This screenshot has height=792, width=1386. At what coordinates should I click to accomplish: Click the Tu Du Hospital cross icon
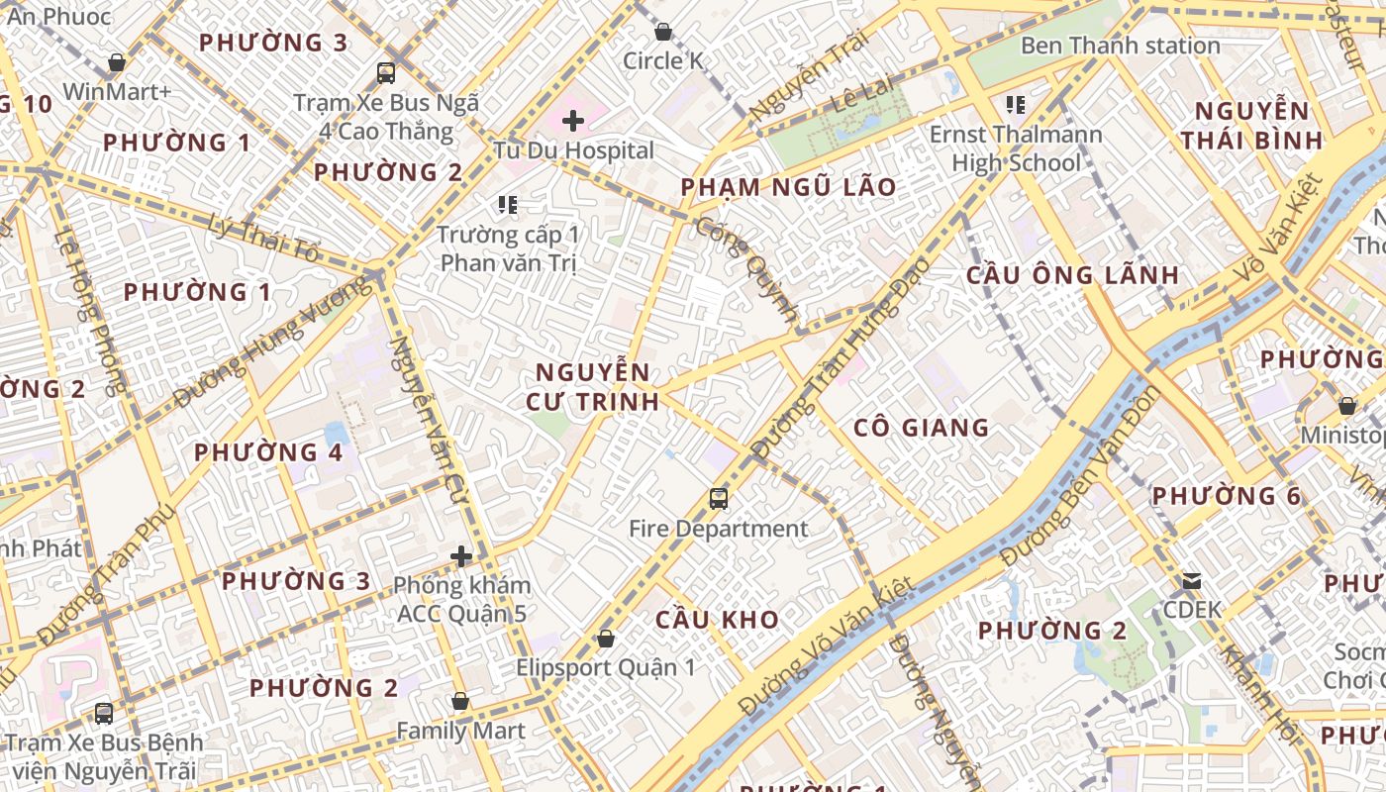[573, 122]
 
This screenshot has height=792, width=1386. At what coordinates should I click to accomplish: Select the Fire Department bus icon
[719, 499]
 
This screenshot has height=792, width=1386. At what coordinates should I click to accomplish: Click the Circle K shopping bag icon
[663, 32]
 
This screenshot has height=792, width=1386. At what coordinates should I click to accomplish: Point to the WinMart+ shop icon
[117, 62]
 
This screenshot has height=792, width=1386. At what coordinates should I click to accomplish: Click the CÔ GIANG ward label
[921, 428]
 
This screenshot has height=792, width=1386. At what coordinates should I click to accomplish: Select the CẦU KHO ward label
[717, 620]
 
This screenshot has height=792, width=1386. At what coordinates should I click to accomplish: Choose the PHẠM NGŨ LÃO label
[788, 187]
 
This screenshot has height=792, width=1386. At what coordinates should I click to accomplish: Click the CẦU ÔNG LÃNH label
[1072, 275]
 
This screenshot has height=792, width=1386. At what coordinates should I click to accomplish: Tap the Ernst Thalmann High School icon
[1015, 104]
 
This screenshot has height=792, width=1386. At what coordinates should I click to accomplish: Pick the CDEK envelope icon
[1192, 581]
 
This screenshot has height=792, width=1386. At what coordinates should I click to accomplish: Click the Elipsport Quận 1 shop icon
[605, 639]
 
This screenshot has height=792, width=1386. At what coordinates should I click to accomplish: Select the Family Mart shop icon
[459, 702]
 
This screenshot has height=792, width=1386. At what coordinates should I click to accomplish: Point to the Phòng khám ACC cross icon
[461, 556]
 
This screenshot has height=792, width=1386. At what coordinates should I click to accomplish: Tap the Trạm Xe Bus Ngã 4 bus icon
[386, 72]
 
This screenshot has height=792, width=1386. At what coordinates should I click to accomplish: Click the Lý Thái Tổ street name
[265, 239]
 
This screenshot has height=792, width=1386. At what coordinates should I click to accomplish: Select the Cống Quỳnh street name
[746, 268]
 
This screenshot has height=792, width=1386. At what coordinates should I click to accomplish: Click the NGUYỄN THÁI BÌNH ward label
[1251, 125]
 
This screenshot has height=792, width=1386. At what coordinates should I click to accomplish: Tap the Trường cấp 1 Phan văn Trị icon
[508, 205]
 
